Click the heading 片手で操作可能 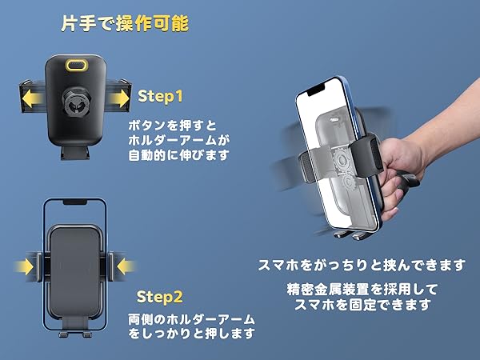pos(125,24)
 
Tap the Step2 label pos(160,298)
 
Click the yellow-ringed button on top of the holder pos(78,65)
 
